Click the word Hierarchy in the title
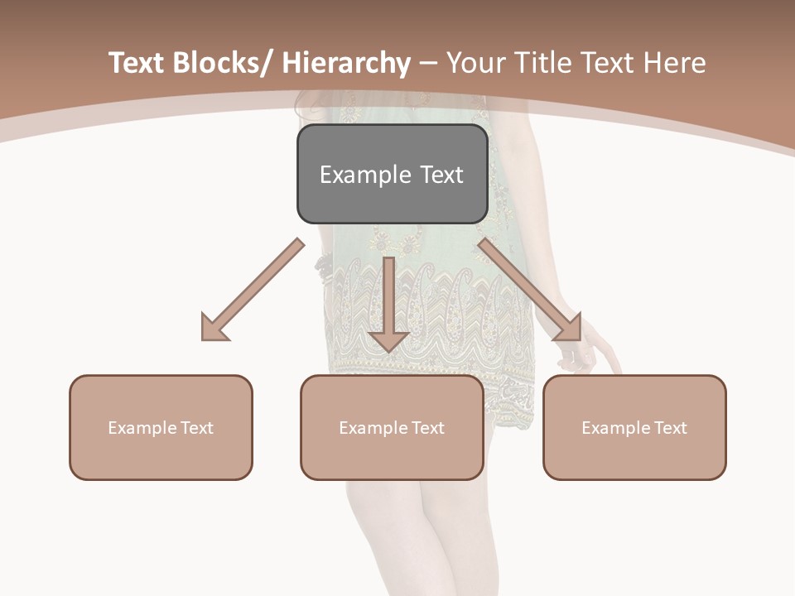coord(346,64)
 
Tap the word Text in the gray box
coord(441,175)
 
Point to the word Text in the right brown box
coord(670,428)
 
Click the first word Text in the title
coord(138,64)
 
